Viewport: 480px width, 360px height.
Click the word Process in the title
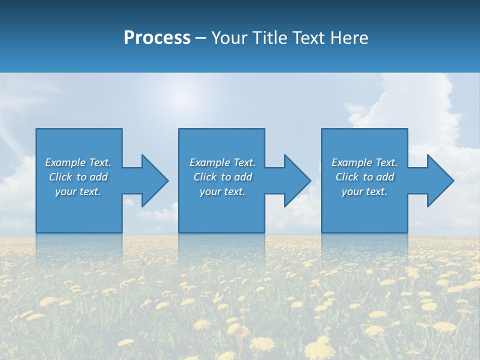click(x=157, y=38)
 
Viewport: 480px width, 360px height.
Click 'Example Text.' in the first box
click(x=78, y=162)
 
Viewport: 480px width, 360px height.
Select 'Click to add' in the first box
click(x=78, y=177)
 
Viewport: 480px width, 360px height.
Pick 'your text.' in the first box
click(x=78, y=191)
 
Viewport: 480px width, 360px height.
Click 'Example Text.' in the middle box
click(x=222, y=162)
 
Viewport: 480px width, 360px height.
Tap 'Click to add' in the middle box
click(x=222, y=177)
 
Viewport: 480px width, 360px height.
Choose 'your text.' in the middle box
click(x=222, y=191)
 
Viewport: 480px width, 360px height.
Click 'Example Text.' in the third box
click(x=364, y=162)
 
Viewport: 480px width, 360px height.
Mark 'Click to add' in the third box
click(x=364, y=177)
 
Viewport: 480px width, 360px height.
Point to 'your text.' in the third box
click(x=364, y=191)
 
